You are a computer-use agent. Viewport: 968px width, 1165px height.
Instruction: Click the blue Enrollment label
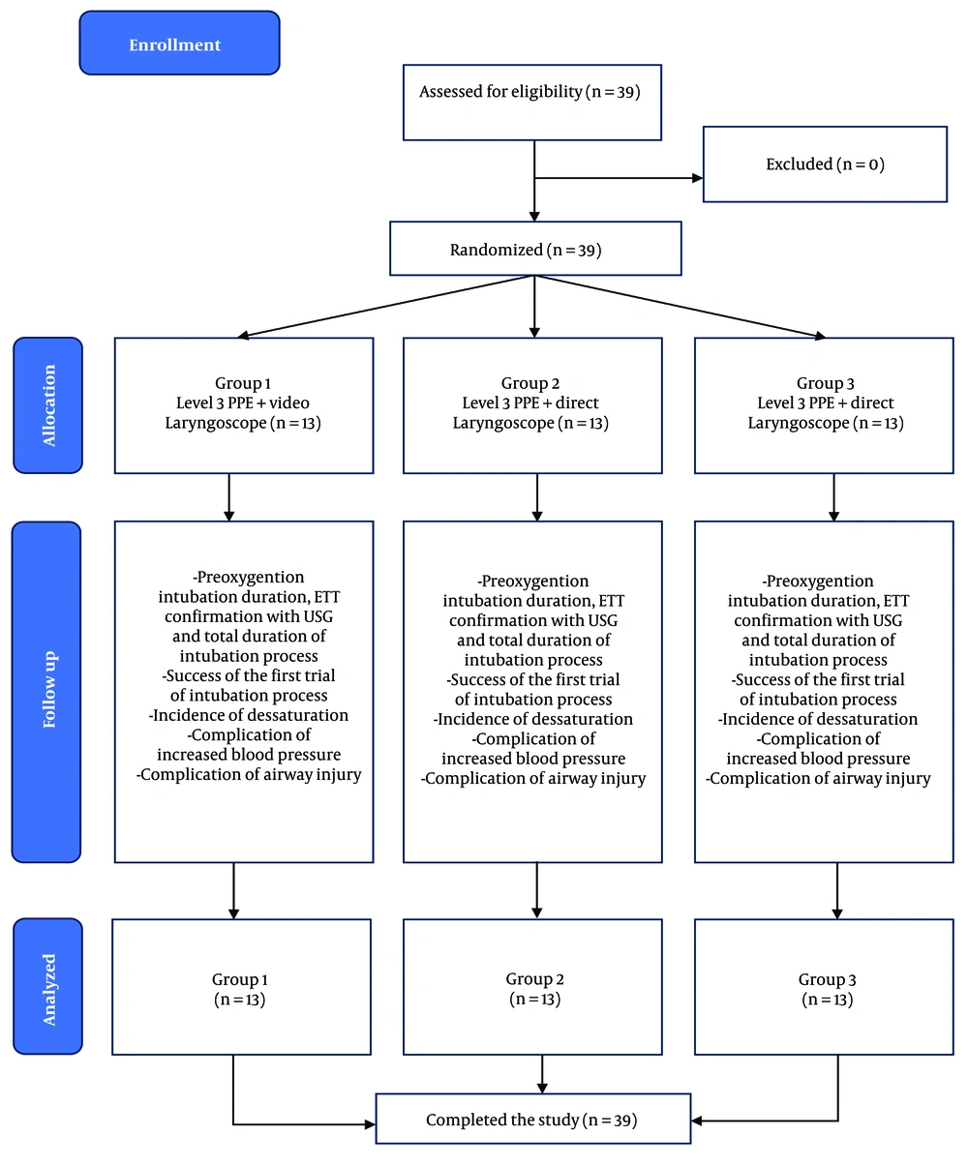point(179,43)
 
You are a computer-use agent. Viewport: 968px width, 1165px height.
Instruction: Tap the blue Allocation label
point(48,405)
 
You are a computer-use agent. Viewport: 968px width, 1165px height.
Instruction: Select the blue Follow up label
point(46,692)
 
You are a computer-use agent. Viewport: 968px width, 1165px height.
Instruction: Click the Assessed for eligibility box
point(532,103)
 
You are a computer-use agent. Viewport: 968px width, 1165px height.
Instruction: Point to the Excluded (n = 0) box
point(825,164)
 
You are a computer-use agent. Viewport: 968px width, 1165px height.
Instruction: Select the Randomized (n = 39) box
point(535,249)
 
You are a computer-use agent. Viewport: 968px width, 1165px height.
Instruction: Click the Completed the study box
point(533,1119)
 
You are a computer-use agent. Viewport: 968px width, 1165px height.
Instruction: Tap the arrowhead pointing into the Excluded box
point(697,178)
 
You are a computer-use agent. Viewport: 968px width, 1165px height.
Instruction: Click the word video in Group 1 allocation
point(289,403)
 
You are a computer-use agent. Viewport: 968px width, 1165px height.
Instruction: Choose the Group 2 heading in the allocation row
point(529,383)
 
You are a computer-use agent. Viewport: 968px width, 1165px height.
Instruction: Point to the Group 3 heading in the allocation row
point(825,383)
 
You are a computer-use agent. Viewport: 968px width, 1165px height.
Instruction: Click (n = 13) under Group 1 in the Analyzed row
point(239,999)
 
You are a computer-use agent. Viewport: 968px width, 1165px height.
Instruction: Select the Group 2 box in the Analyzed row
point(532,987)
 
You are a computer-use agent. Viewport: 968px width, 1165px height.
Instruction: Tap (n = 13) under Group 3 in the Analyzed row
point(828,999)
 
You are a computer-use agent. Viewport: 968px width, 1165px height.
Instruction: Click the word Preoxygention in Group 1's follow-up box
point(251,577)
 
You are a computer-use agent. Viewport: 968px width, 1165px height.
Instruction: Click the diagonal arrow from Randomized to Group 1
point(386,307)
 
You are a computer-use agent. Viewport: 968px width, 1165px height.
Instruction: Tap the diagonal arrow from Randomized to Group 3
point(680,307)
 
